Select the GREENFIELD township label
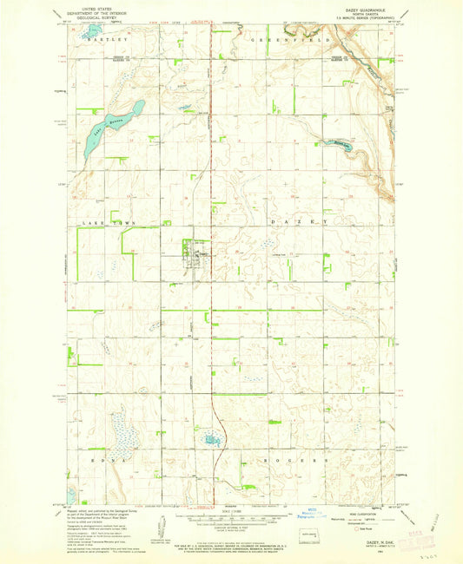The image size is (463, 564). click(x=279, y=40)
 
